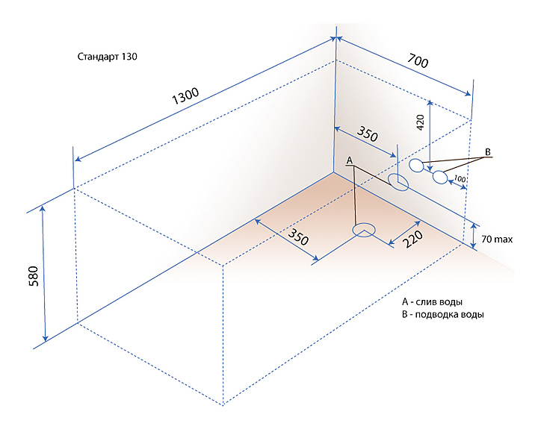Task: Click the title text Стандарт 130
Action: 107,57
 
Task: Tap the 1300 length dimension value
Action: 185,96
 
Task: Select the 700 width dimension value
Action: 418,61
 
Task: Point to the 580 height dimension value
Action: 34,277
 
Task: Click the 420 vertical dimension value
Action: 420,122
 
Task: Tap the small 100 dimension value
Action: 460,179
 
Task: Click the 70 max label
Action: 497,239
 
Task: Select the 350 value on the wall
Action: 368,134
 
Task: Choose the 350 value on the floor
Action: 298,237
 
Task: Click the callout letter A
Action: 349,160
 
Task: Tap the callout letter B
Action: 487,151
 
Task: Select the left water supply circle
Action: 416,166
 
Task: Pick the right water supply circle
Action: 440,178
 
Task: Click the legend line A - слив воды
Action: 432,302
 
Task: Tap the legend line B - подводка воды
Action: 443,315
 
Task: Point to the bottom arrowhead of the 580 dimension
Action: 46,339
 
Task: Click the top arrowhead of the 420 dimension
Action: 430,103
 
